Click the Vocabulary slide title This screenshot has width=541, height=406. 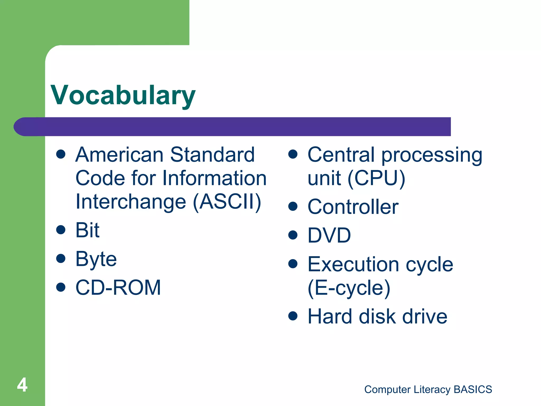pyautogui.click(x=123, y=95)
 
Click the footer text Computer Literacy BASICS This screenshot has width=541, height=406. pyautogui.click(x=428, y=389)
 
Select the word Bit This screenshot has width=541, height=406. pyautogui.click(x=87, y=230)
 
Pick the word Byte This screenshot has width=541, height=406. pyautogui.click(x=96, y=259)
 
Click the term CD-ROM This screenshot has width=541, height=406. pyautogui.click(x=118, y=288)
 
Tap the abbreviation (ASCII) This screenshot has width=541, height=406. pyautogui.click(x=227, y=202)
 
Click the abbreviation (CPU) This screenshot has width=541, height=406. pyautogui.click(x=376, y=178)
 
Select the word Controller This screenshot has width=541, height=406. pyautogui.click(x=353, y=207)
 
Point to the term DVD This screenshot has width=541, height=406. pyautogui.click(x=329, y=235)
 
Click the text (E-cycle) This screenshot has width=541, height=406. pyautogui.click(x=349, y=288)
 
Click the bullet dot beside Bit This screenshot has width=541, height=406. pyautogui.click(x=61, y=230)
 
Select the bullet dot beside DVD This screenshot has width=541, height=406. pyautogui.click(x=293, y=235)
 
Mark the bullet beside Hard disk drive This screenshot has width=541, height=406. pyautogui.click(x=293, y=316)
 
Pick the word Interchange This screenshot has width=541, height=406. pyautogui.click(x=131, y=202)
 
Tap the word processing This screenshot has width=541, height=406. pyautogui.click(x=432, y=155)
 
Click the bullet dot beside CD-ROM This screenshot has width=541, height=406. pyautogui.click(x=61, y=287)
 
